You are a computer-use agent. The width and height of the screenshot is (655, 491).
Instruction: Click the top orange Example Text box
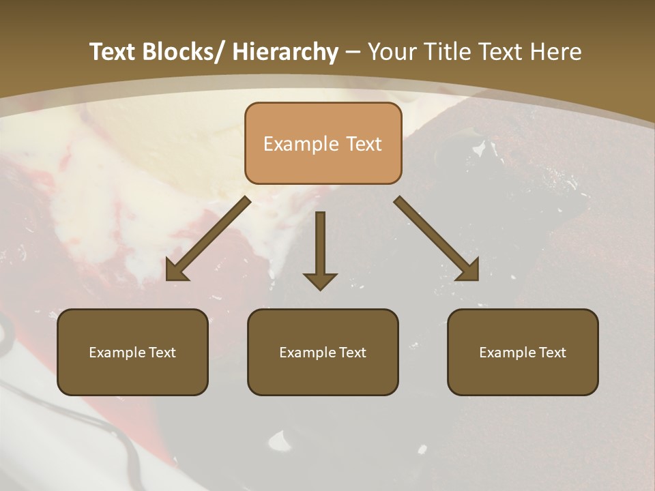pos(323,143)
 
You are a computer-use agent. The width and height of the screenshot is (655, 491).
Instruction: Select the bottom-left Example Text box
pos(132,352)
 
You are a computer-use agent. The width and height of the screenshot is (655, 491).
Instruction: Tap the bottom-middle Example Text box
pos(323,352)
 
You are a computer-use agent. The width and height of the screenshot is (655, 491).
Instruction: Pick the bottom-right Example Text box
pos(523,352)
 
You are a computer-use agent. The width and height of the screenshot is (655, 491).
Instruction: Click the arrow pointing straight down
pos(320,249)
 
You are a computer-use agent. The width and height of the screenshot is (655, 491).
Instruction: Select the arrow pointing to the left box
pos(208,239)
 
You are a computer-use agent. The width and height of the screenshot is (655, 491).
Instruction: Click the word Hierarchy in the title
pos(285,52)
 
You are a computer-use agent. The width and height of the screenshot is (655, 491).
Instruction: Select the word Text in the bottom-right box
pos(552,353)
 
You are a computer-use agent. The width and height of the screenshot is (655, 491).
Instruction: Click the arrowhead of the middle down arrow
pos(320,280)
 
